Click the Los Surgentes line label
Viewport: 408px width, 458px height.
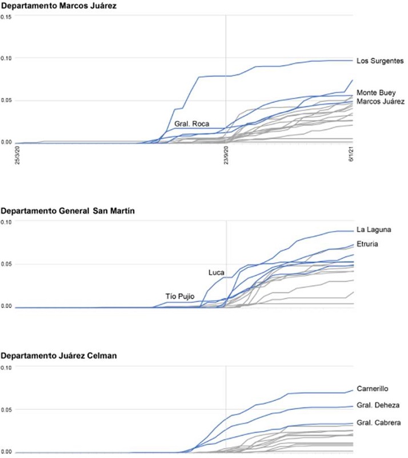380,61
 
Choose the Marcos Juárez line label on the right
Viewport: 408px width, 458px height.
380,101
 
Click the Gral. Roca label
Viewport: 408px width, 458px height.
192,124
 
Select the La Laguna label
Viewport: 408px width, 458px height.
374,230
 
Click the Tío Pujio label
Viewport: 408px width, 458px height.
181,295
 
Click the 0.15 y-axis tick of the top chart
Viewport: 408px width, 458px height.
6,16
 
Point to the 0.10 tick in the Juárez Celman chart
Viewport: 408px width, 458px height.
6,368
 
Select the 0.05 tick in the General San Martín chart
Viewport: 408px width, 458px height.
6,264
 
